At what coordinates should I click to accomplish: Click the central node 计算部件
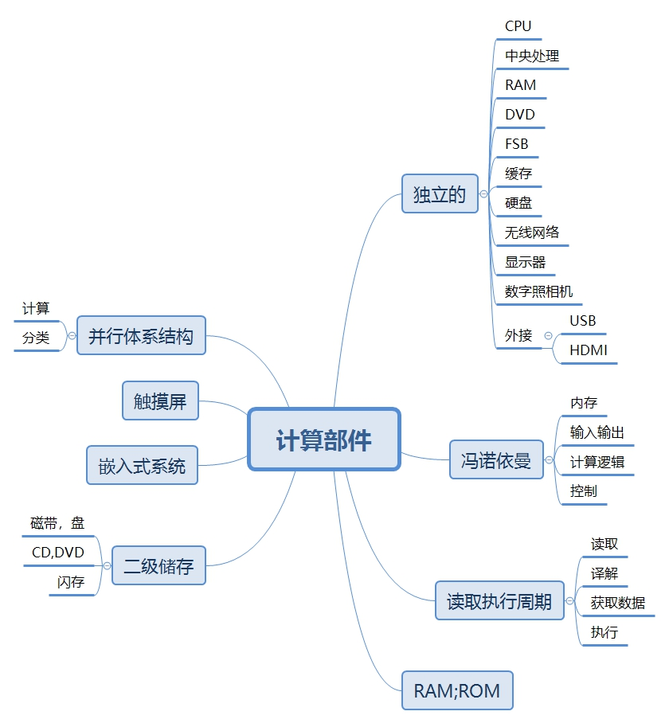click(x=323, y=440)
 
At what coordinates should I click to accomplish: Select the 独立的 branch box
click(x=440, y=193)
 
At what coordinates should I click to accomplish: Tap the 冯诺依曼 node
click(x=496, y=459)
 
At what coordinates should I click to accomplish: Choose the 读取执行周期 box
click(x=499, y=600)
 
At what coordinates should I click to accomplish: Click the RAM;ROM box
click(x=457, y=690)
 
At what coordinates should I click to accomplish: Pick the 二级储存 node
click(x=158, y=565)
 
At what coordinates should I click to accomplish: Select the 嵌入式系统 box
click(x=142, y=465)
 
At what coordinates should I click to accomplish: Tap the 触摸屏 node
click(x=160, y=401)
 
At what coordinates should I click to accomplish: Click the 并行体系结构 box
click(x=141, y=335)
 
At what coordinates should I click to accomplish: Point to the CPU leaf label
click(x=518, y=26)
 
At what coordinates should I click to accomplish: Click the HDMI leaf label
click(x=589, y=350)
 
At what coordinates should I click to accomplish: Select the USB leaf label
click(x=583, y=321)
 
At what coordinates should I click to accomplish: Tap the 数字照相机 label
click(x=538, y=291)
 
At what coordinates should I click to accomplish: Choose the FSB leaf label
click(x=516, y=144)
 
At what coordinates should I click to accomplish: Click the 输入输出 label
click(x=597, y=432)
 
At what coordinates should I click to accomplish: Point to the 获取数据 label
click(x=618, y=603)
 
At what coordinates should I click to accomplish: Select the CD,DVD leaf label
click(x=57, y=553)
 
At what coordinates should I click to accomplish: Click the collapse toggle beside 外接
click(x=548, y=336)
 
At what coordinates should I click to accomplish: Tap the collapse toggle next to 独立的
click(x=483, y=193)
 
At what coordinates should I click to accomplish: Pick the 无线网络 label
click(x=532, y=233)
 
